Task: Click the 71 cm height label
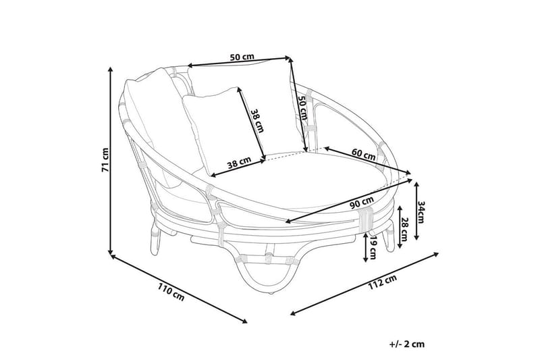click(105, 160)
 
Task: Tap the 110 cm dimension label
click(171, 292)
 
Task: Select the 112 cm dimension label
click(383, 282)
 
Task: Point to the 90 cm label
click(362, 203)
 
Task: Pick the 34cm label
click(421, 212)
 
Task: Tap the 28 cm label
click(404, 230)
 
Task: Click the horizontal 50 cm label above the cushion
click(242, 57)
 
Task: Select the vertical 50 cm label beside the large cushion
click(302, 107)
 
